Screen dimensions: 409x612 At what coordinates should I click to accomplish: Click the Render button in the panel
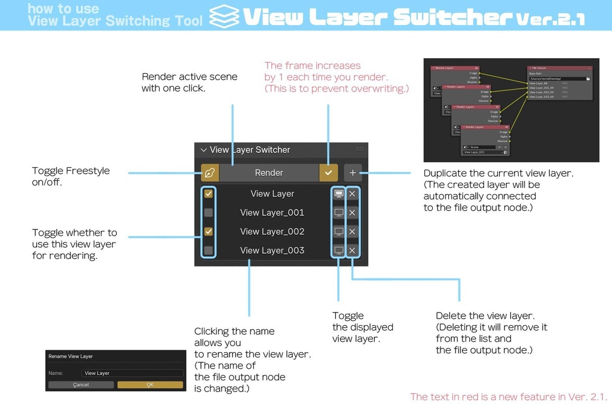coord(268,172)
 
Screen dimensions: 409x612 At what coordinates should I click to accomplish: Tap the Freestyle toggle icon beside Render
coord(209,172)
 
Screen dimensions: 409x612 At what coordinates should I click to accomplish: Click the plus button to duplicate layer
coord(353,172)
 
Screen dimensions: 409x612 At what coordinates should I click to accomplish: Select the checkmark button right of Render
coord(328,172)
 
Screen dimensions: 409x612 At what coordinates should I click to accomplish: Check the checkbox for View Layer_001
coord(209,213)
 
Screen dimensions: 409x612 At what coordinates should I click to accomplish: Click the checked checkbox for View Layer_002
coord(209,231)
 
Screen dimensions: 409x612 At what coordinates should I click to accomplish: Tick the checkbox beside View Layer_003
coord(209,250)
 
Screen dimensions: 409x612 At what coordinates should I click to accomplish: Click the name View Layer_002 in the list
coord(272,231)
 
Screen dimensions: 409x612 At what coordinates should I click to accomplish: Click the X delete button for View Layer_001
coord(352,213)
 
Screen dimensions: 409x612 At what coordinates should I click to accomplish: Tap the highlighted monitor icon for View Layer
coord(338,194)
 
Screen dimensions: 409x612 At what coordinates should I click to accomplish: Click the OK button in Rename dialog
coord(150,384)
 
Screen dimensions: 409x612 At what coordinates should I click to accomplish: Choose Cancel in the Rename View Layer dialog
coord(81,384)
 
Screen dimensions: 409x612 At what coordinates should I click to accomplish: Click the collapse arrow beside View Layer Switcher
coord(203,150)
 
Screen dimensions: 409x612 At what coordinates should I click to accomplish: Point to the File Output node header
coord(559,68)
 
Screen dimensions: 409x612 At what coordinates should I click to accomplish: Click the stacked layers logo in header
coord(225,16)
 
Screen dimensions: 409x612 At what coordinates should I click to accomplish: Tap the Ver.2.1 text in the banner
coord(549,19)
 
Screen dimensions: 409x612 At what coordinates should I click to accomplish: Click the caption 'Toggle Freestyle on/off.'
coord(71,176)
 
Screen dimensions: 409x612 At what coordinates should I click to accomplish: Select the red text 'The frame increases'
coord(313,65)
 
